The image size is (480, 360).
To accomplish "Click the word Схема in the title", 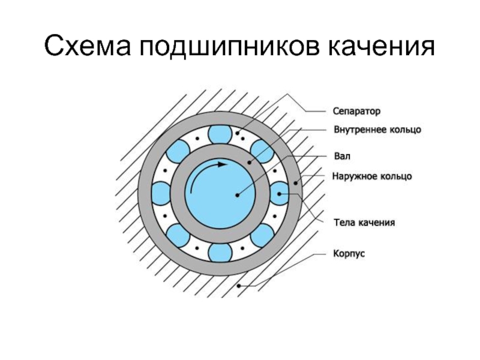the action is click(88, 46).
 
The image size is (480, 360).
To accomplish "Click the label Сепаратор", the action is click(356, 111).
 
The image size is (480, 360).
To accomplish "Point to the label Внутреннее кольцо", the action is click(377, 130).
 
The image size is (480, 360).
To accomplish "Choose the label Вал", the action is click(342, 156).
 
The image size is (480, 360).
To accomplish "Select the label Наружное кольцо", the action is click(372, 176).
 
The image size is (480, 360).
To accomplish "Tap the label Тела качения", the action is click(364, 222).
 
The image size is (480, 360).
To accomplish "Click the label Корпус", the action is click(349, 254).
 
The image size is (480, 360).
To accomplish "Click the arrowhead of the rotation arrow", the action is click(223, 164).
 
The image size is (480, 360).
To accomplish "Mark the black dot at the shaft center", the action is click(237, 195).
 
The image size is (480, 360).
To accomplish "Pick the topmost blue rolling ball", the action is click(220, 134).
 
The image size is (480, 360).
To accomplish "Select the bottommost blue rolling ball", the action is click(220, 253).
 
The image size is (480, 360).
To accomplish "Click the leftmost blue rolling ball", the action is click(161, 193).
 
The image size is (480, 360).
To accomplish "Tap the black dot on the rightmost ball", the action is click(279, 194).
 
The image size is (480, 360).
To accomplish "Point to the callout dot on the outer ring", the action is click(295, 184).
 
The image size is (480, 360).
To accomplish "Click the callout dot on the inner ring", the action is click(250, 162).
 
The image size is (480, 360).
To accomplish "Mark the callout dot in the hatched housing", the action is click(239, 286).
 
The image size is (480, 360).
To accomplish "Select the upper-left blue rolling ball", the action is click(178, 151).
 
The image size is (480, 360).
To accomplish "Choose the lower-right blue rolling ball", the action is click(262, 235).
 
